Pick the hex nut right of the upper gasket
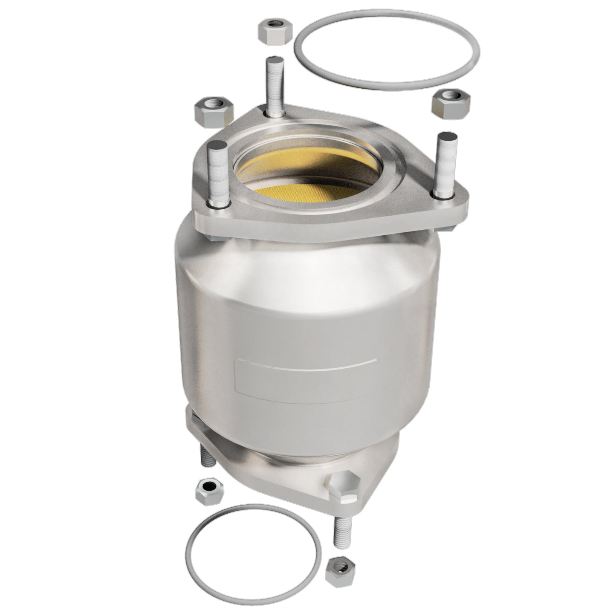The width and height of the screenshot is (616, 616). (451, 104)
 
